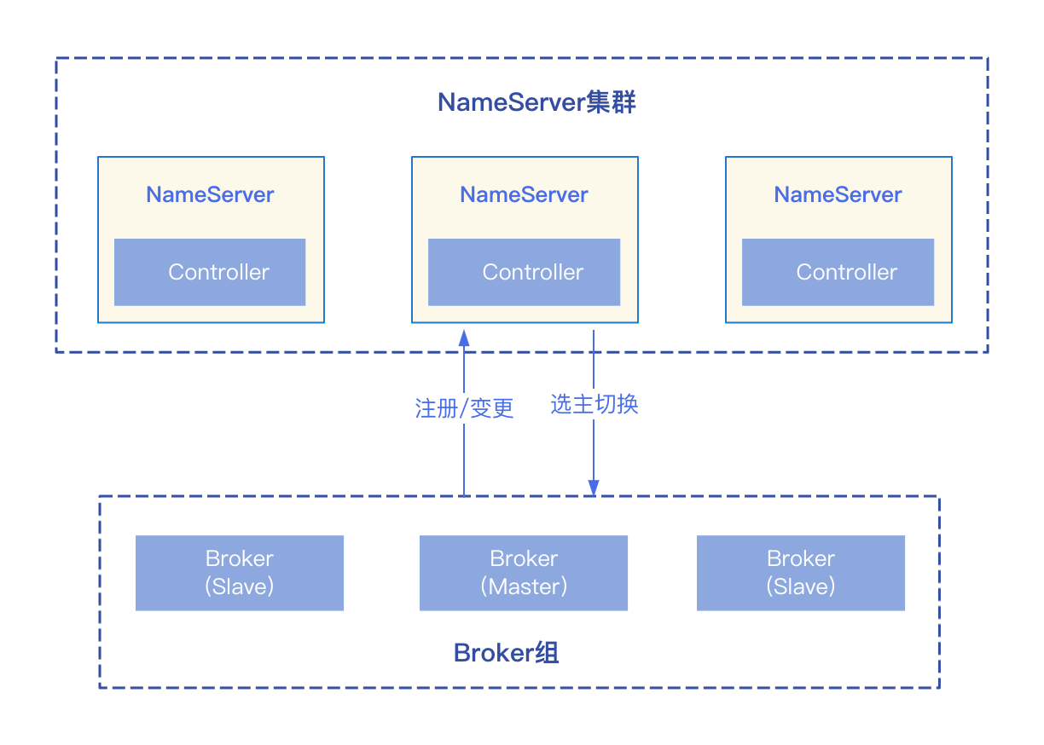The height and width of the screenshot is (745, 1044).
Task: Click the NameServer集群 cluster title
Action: pos(537,103)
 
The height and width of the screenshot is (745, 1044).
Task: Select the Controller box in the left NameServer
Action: pos(210,272)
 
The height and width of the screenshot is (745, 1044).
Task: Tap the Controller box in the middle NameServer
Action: pos(524,272)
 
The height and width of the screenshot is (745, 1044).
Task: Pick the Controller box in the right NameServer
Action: pos(838,272)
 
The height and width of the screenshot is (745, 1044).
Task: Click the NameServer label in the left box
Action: pos(210,194)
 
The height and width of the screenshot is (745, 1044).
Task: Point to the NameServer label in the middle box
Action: pos(524,194)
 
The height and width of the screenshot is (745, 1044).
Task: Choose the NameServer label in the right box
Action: pos(838,194)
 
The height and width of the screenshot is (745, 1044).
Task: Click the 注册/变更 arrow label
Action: pos(464,408)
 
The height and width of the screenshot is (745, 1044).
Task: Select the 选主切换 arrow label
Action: pos(594,404)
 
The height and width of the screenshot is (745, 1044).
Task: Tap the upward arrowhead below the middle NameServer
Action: pos(464,337)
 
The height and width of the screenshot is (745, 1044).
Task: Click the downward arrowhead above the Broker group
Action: pos(594,488)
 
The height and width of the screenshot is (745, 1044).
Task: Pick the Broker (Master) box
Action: pos(524,573)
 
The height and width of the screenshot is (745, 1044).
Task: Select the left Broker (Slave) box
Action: pos(239,573)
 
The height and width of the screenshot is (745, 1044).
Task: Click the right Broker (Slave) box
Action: pos(800,573)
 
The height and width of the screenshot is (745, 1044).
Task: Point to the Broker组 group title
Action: pos(506,654)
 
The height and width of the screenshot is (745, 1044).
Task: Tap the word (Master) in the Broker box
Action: pos(524,586)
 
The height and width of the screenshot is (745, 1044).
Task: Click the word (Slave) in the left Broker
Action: pos(239,586)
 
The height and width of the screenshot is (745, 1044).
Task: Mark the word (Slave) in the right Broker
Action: pos(800,586)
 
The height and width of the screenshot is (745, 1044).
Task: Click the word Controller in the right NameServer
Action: pos(846,272)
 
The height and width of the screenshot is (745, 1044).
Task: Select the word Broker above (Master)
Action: pos(524,559)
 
